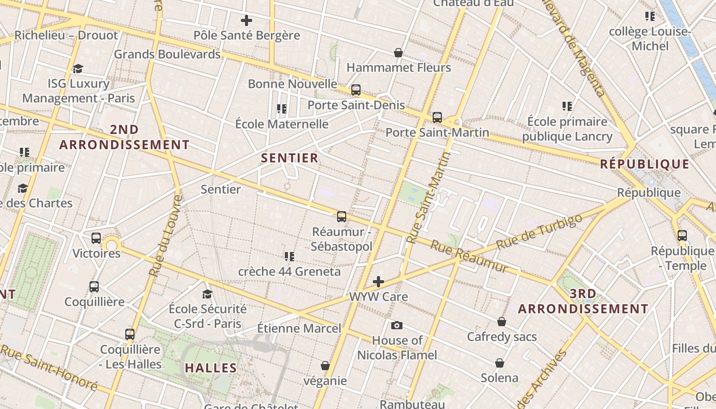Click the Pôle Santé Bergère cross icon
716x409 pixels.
[x=247, y=20]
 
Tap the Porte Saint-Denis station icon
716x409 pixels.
[x=356, y=90]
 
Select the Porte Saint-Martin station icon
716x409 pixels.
[x=437, y=118]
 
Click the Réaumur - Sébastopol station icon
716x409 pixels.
[x=342, y=217]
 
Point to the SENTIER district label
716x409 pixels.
[x=290, y=158]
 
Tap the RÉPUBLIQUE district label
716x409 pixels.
[x=644, y=164]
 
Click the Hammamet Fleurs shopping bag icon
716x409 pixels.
[x=398, y=53]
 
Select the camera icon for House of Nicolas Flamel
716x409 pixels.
[x=396, y=325]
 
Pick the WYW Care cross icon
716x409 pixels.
[x=378, y=282]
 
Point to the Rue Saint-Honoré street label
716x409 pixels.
[x=49, y=367]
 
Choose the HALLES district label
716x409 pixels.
[x=211, y=368]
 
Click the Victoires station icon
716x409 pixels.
[x=96, y=238]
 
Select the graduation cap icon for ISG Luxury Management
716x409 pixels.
[x=78, y=69]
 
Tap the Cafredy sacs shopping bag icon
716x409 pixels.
[x=502, y=322]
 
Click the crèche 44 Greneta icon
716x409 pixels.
[x=289, y=256]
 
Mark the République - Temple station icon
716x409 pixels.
[x=682, y=236]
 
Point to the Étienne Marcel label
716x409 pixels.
[x=299, y=328]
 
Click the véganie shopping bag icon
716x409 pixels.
[x=325, y=366]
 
